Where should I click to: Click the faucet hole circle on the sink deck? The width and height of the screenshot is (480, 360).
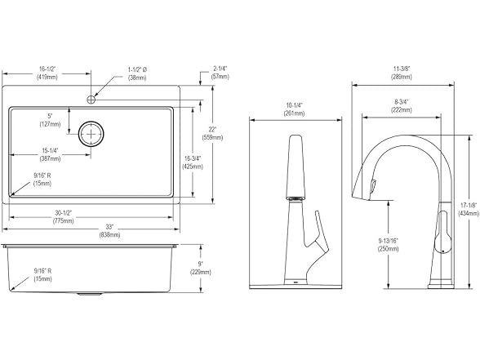click(x=91, y=100)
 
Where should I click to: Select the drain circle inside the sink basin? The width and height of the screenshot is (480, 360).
click(x=91, y=134)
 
